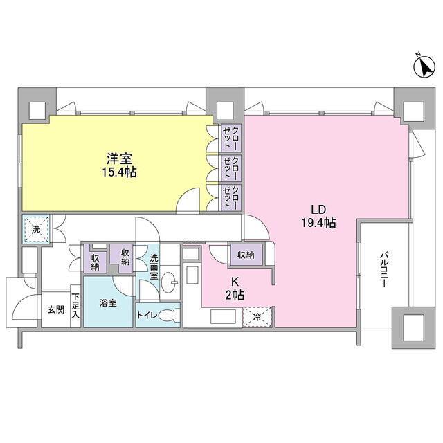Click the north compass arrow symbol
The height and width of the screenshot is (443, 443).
[424, 67]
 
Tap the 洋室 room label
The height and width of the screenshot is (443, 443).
[119, 159]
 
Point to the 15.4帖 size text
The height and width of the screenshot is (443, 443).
[119, 172]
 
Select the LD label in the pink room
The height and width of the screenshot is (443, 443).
[318, 210]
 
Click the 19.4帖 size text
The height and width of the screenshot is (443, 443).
[318, 223]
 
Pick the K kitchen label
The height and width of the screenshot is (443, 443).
[235, 282]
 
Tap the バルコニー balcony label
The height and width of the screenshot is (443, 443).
[383, 271]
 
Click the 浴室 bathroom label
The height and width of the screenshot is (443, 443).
[108, 303]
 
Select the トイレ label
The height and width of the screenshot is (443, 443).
[147, 316]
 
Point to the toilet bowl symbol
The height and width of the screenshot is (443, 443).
[170, 316]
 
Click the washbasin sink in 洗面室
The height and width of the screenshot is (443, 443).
[170, 282]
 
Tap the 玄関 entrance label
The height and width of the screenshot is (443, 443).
[55, 309]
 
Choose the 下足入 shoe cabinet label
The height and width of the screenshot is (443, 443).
[75, 306]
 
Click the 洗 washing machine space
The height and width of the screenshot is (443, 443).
[36, 228]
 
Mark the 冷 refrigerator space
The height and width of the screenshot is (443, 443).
[257, 317]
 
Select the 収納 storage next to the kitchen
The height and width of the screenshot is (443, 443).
[246, 255]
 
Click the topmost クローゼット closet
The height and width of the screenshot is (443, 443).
[231, 138]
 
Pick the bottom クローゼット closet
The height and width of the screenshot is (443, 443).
[231, 197]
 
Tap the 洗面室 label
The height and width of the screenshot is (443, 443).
[154, 266]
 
